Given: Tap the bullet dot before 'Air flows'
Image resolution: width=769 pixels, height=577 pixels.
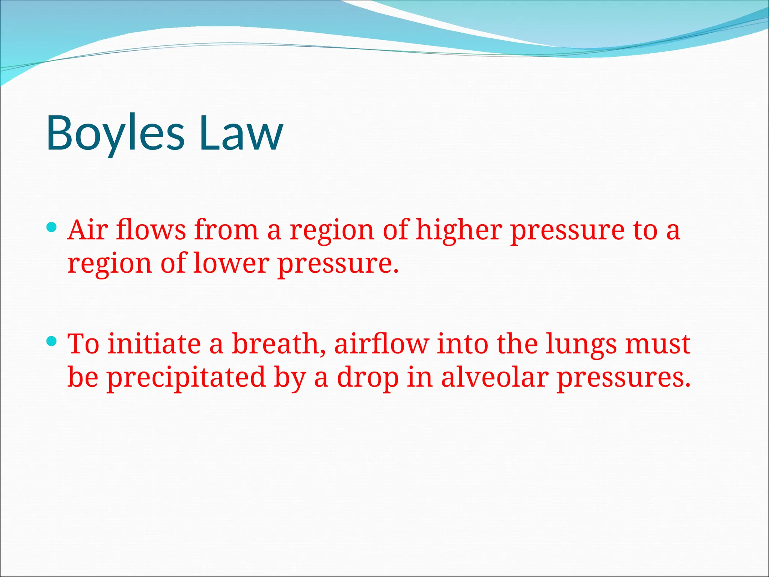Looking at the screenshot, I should (52, 227).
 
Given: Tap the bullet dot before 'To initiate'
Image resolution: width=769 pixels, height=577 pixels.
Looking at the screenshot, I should (52, 341).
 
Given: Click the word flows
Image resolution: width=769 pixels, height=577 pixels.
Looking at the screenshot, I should (151, 230).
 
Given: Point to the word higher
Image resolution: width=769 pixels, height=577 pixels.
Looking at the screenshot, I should (459, 230).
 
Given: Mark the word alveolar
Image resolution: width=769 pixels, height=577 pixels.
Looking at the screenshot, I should (495, 377).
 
